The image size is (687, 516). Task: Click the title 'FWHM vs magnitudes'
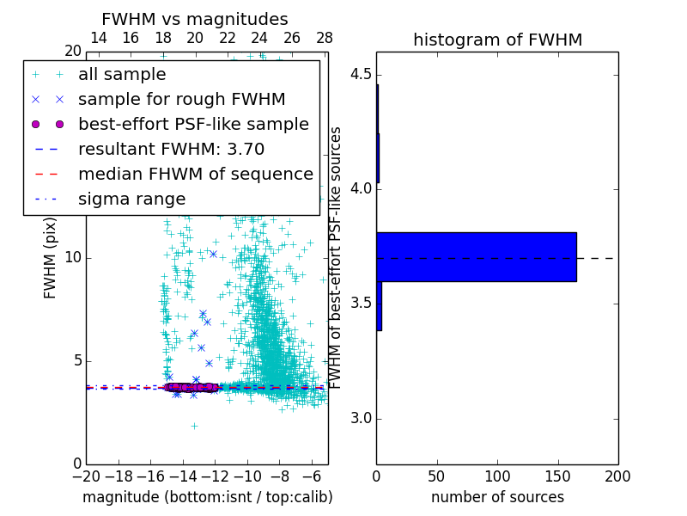195,19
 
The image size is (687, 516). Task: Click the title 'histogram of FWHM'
497,40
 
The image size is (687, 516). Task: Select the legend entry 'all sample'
122,75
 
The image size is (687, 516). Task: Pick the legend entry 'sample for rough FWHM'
181,100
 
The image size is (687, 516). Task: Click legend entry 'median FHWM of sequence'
195,174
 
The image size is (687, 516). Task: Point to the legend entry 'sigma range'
131,199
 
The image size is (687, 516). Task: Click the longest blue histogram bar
476,256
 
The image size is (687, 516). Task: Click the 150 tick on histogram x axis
557,476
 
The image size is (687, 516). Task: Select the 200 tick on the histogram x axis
617,476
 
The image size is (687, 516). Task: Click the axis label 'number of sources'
497,497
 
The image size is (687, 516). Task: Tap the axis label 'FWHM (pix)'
51,258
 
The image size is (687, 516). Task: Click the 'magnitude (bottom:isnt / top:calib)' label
207,497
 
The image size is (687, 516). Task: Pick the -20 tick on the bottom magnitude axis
86,476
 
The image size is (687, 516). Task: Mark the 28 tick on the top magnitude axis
325,39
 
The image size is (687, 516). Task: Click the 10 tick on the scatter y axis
72,258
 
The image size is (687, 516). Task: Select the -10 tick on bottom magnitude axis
247,476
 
